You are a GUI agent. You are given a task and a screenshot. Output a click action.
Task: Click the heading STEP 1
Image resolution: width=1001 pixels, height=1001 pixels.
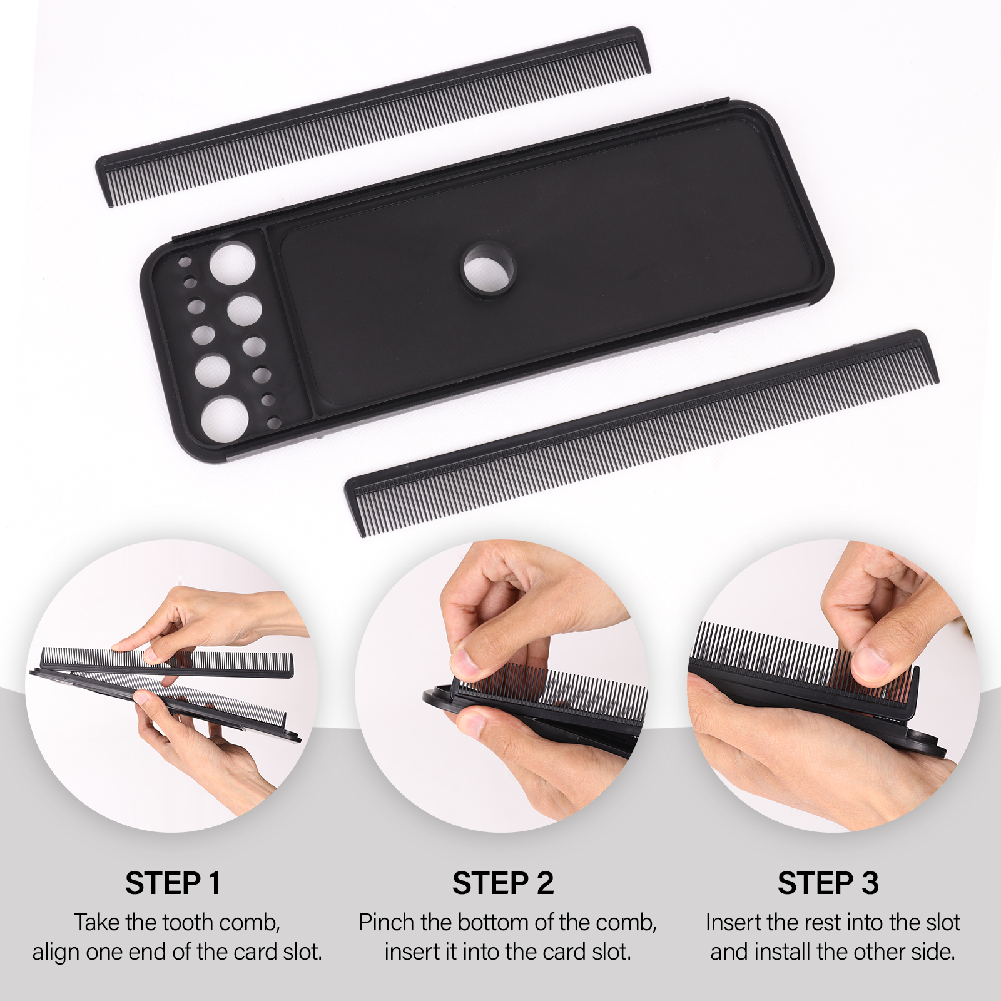click(173, 883)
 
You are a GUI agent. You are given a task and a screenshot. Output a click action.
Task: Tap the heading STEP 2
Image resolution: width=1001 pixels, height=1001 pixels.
click(503, 883)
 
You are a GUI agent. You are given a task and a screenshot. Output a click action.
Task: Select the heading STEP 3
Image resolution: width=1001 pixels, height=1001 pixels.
click(828, 883)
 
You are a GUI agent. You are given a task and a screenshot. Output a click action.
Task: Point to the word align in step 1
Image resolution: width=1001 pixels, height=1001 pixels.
click(56, 952)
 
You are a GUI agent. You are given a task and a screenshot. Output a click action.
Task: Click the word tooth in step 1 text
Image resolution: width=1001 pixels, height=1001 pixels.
click(185, 923)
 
